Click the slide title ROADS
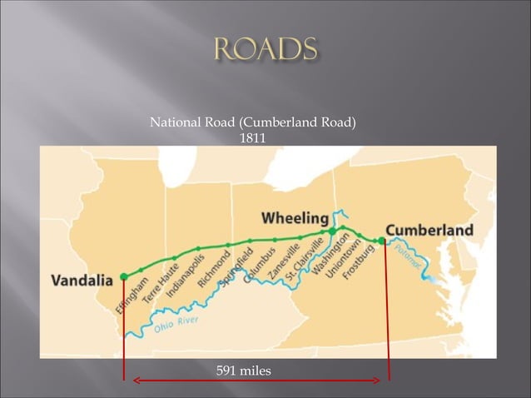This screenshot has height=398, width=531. tap(265, 49)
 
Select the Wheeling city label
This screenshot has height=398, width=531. tap(295, 218)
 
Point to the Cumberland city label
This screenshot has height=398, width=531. tap(429, 230)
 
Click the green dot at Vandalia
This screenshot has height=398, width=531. tap(124, 276)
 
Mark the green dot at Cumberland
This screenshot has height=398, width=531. tap(382, 241)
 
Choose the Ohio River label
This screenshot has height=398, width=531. tap(176, 326)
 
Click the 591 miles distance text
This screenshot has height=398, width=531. tap(244, 370)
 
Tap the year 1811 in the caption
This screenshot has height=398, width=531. tap(252, 138)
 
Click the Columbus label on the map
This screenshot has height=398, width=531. tap(260, 266)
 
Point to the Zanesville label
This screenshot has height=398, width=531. tap(285, 262)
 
